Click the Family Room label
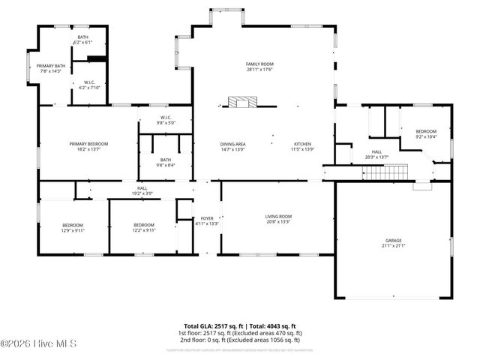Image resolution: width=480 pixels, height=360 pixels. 259,64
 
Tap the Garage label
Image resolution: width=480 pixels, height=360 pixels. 394,240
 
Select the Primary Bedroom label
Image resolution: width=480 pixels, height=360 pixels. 88,143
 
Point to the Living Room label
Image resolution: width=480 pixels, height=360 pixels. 277,217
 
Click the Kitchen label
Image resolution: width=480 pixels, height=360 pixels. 302,144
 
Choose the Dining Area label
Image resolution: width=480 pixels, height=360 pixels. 233,144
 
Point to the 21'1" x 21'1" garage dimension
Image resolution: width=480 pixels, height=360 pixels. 394,245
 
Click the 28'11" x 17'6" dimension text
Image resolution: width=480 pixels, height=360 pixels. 259,70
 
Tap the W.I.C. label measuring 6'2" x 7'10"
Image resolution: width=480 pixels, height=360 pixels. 89,82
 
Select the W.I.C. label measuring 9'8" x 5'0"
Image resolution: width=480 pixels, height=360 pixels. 165,117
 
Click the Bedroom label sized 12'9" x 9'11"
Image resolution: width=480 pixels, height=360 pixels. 73,225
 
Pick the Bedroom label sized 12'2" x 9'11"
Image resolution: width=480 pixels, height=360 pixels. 144,225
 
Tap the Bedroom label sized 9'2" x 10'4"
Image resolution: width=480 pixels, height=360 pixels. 426,131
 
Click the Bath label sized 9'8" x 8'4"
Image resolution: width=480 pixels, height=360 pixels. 166,160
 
